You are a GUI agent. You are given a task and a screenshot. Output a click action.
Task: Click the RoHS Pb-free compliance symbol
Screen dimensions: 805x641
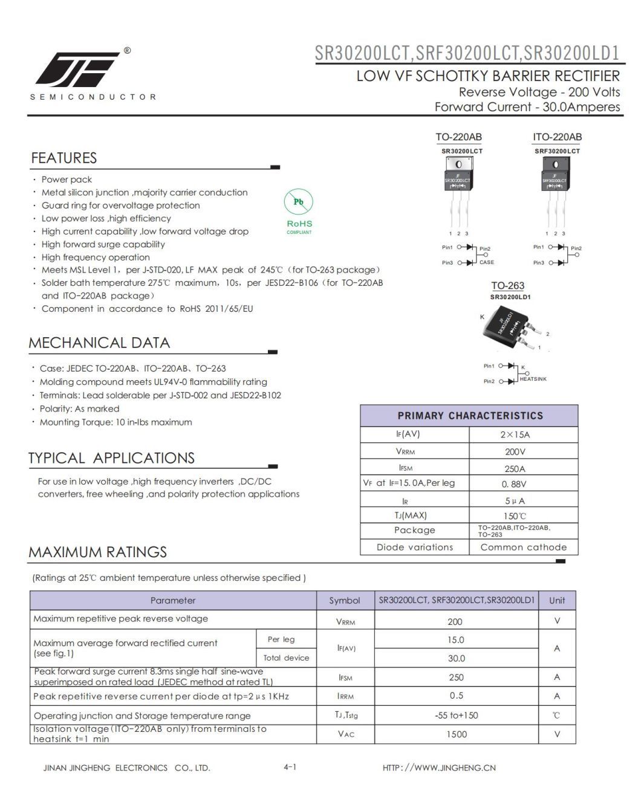299,209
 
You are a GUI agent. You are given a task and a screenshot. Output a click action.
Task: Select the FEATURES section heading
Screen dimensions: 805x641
64,158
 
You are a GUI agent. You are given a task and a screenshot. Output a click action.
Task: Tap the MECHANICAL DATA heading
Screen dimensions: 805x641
99,343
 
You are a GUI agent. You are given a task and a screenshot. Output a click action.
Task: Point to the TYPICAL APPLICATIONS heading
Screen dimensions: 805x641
112,458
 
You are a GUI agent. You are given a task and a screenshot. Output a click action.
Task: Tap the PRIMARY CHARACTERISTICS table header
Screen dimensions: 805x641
470,416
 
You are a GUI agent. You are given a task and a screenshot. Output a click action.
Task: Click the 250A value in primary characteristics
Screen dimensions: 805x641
515,468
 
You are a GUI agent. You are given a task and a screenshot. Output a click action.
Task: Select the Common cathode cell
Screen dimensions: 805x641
523,547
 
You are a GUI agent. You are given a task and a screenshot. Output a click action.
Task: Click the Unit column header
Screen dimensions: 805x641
556,600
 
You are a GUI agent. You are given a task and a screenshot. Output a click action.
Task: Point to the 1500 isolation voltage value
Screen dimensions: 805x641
456,734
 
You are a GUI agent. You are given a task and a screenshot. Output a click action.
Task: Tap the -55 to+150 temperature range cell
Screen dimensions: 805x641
456,715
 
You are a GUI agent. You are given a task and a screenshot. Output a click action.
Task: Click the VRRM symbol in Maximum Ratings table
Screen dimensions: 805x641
345,621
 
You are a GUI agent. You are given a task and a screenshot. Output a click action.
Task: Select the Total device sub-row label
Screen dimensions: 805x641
286,658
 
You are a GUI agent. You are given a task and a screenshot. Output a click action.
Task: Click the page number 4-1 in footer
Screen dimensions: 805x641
290,767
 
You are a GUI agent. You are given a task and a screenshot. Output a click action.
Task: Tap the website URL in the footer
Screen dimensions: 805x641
439,768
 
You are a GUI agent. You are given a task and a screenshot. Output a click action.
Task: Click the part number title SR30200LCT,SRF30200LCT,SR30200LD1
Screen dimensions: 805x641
467,53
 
